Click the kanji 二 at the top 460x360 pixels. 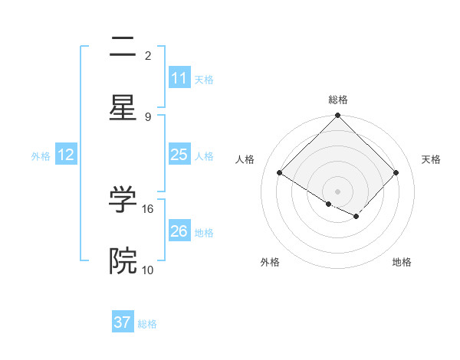click(x=123, y=47)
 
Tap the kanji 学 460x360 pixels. click(x=123, y=200)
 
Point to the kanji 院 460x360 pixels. click(x=123, y=261)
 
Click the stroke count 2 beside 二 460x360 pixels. click(x=148, y=55)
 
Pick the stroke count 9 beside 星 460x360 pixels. click(x=148, y=116)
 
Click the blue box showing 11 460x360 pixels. click(x=179, y=78)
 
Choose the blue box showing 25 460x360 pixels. click(x=179, y=155)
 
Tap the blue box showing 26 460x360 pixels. click(x=179, y=231)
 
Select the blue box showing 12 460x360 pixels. click(x=66, y=155)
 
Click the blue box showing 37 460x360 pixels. click(x=123, y=323)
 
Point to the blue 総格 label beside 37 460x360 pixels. click(x=147, y=324)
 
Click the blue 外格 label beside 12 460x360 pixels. click(x=41, y=155)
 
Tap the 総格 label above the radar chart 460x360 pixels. click(x=338, y=100)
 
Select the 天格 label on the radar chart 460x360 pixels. click(x=431, y=159)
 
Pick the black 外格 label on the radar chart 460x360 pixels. click(x=270, y=262)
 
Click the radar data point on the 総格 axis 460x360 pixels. click(x=338, y=116)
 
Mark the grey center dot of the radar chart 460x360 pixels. click(x=338, y=191)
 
